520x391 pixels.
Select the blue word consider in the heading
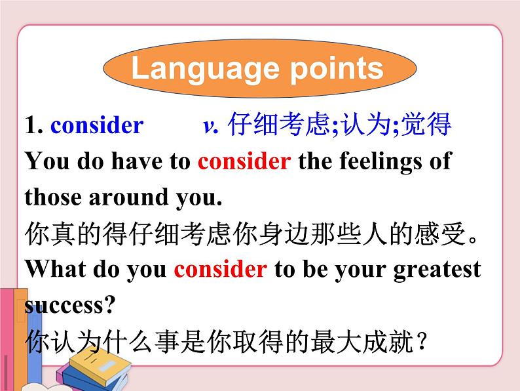(x=96, y=125)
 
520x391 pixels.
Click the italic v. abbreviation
(x=210, y=125)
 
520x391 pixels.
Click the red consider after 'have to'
(x=244, y=161)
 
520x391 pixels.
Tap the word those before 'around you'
(x=53, y=197)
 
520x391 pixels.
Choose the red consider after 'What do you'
(x=221, y=270)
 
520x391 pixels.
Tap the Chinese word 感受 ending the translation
(x=443, y=234)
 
